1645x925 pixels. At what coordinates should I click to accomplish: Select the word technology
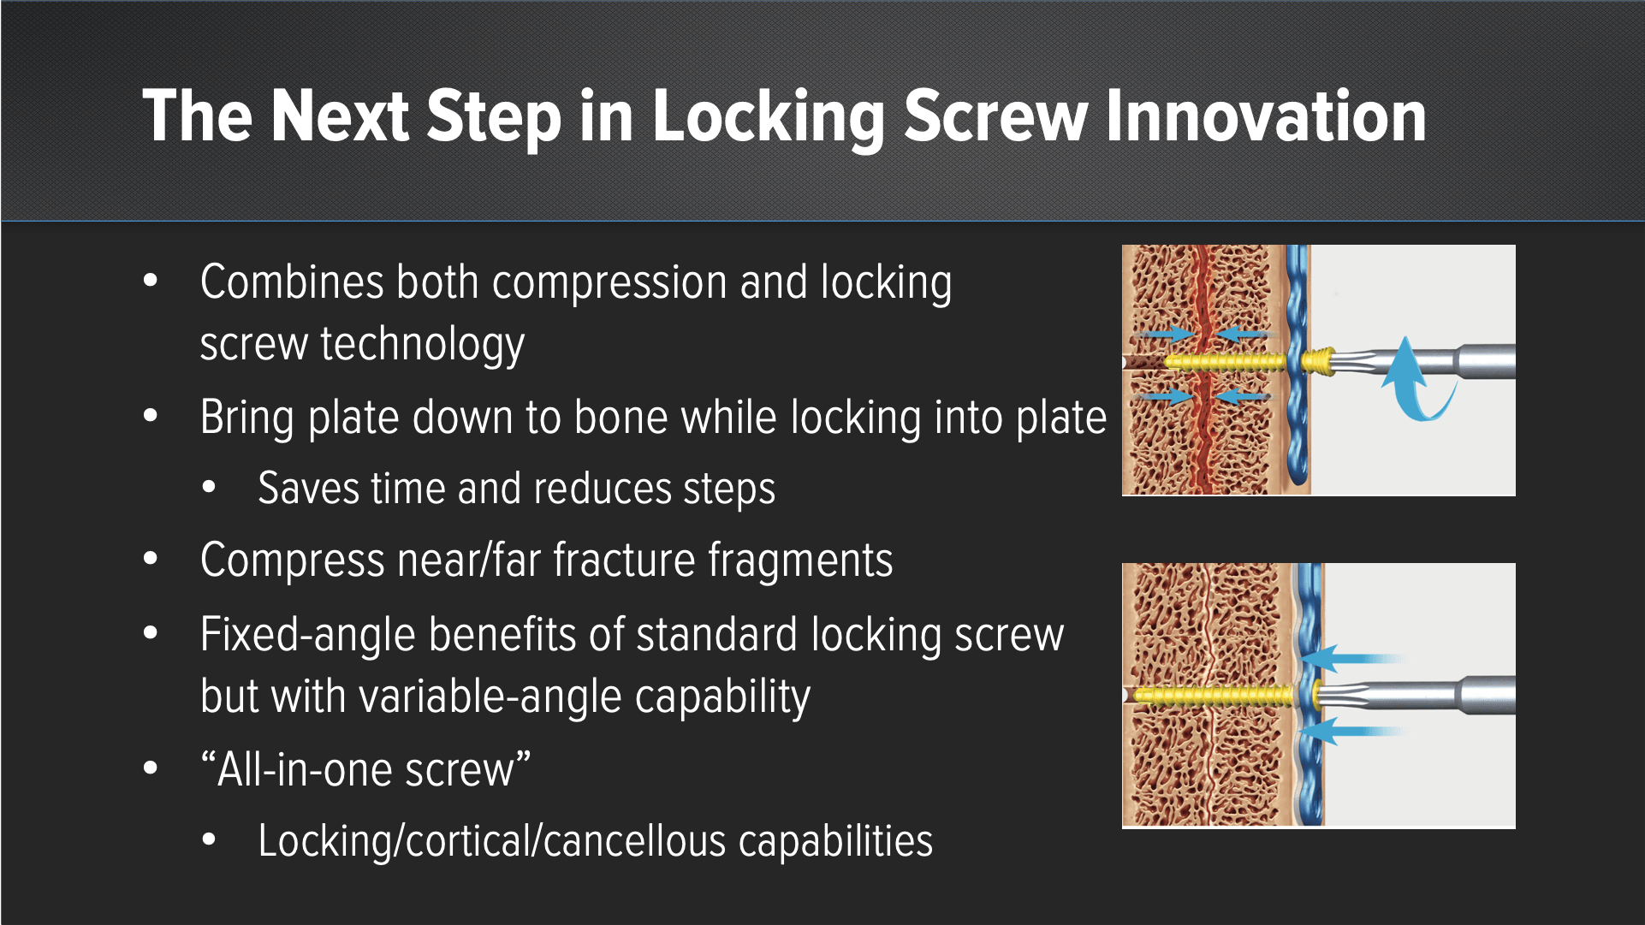pos(422,345)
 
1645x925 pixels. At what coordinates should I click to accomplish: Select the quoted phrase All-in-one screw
pos(365,770)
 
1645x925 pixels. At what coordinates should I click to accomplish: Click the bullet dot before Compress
pos(151,560)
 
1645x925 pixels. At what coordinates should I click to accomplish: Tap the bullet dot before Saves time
pos(210,488)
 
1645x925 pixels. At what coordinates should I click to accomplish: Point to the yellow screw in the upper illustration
pos(1226,363)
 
